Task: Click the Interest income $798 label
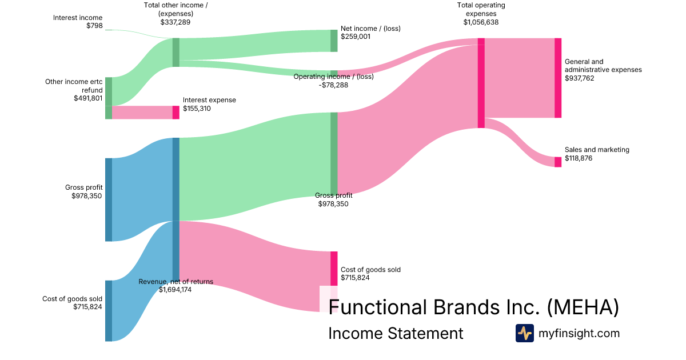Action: coord(78,22)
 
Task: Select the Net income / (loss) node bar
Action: coord(334,41)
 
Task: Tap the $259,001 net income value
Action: coord(356,36)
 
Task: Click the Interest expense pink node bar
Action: coord(176,112)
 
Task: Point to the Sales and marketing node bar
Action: coord(558,162)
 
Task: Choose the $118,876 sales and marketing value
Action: coord(579,158)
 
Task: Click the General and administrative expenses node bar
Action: coord(558,78)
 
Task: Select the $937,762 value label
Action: coord(580,78)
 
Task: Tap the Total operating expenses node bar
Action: coord(481,83)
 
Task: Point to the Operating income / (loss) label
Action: coord(333,77)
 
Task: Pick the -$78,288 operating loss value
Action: coord(333,85)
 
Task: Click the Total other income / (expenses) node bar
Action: coord(176,52)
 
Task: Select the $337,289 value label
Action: coord(176,22)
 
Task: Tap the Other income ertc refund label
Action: coord(74,86)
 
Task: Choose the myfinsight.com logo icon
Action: coord(525,333)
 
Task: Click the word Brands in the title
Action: coord(457,307)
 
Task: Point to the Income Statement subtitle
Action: coord(396,334)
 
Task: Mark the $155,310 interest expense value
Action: coord(197,109)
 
